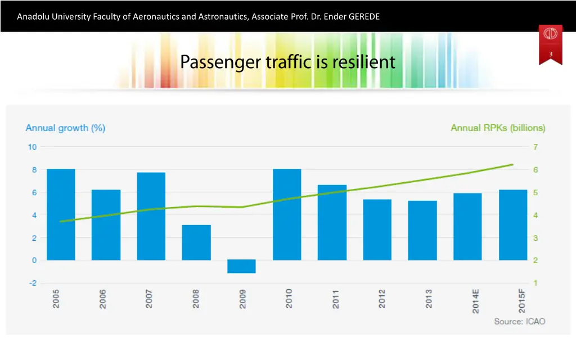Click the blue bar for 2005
tap(61, 214)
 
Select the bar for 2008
tap(196, 242)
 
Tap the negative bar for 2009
tap(241, 266)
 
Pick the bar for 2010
tap(287, 214)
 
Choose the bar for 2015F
tap(513, 225)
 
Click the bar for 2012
tap(377, 229)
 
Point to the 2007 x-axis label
tap(149, 299)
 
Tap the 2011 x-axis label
tap(336, 299)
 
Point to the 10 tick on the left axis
tap(33, 147)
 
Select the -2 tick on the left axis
tap(33, 283)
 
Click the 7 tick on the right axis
tap(536, 147)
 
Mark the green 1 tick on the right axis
tap(536, 283)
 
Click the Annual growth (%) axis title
tap(65, 128)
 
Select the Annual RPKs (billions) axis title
tap(498, 128)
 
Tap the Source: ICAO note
tap(519, 321)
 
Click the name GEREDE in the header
tap(364, 16)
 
